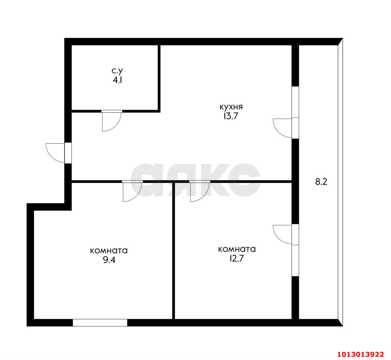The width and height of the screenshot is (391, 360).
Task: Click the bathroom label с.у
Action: [x=117, y=71]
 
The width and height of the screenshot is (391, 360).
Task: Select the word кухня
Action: [x=231, y=107]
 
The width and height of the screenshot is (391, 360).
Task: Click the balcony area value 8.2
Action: [x=321, y=182]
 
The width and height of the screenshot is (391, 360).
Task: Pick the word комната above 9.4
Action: [x=109, y=251]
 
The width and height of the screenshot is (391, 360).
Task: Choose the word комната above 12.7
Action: [x=237, y=249]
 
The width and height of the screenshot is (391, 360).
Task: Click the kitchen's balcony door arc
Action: [x=283, y=128]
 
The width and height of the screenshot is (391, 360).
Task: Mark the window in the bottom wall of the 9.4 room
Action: [x=100, y=322]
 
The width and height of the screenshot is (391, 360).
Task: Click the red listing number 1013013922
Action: [x=360, y=354]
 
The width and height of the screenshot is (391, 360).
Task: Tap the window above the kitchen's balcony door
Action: [x=295, y=102]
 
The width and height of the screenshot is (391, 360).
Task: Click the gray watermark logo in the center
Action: [x=195, y=180]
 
